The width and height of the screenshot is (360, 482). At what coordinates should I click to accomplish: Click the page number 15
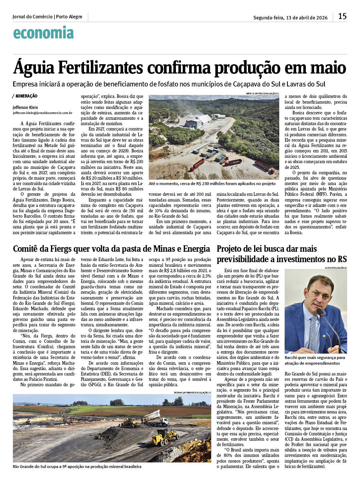pyautogui.click(x=342, y=16)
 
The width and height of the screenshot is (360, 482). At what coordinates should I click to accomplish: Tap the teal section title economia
pyautogui.click(x=43, y=33)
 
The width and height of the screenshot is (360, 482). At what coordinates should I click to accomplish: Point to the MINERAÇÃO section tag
pyautogui.click(x=26, y=96)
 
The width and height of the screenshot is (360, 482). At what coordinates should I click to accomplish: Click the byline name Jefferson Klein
pyautogui.click(x=25, y=107)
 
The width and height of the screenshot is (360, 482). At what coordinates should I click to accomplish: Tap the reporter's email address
pyautogui.click(x=42, y=113)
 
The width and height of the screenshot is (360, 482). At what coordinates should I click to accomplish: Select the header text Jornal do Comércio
pyautogui.click(x=32, y=17)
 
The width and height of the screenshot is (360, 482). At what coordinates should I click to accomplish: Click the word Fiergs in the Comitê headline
pyautogui.click(x=73, y=249)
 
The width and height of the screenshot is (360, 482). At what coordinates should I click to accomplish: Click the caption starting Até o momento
pyautogui.click(x=212, y=184)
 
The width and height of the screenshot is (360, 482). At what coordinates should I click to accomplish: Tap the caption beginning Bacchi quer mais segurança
pyautogui.click(x=314, y=360)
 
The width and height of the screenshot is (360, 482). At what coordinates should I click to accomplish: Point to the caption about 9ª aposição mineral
pyautogui.click(x=77, y=467)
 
